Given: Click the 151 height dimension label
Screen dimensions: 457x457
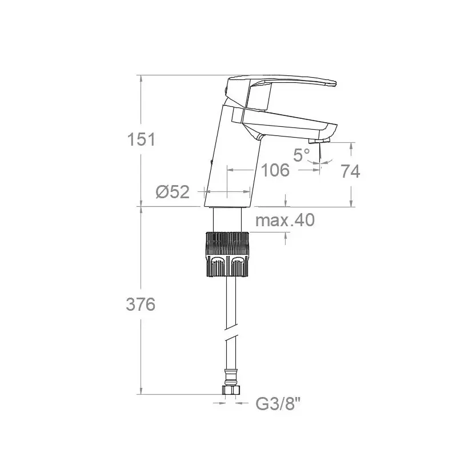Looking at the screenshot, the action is pos(141,139).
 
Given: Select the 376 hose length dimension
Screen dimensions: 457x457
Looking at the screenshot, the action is pos(141,304).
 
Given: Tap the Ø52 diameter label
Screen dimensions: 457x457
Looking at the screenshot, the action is pos(173,192).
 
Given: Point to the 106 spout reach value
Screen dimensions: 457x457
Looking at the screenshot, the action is pos(275,170).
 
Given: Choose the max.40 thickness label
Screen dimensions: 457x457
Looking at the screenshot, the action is pos(285,220).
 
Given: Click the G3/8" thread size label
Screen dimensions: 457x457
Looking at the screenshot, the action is pos(278,404).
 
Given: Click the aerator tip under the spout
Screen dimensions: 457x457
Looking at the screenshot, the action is pos(318,141).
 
